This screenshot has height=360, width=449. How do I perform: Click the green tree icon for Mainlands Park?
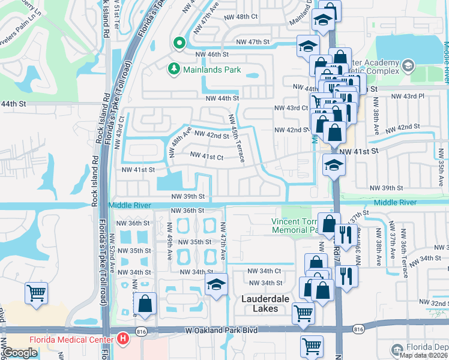(x=174, y=70)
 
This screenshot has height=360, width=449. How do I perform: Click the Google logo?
(x=20, y=353)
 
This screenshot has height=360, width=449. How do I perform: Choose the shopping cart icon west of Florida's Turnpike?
(x=37, y=293)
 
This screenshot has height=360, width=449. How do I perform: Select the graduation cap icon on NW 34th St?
(x=216, y=286)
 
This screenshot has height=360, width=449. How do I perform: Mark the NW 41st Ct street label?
(x=206, y=157)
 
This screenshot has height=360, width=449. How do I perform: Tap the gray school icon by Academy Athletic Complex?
(x=408, y=65)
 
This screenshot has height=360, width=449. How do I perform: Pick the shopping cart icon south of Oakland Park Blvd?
(x=312, y=345)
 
